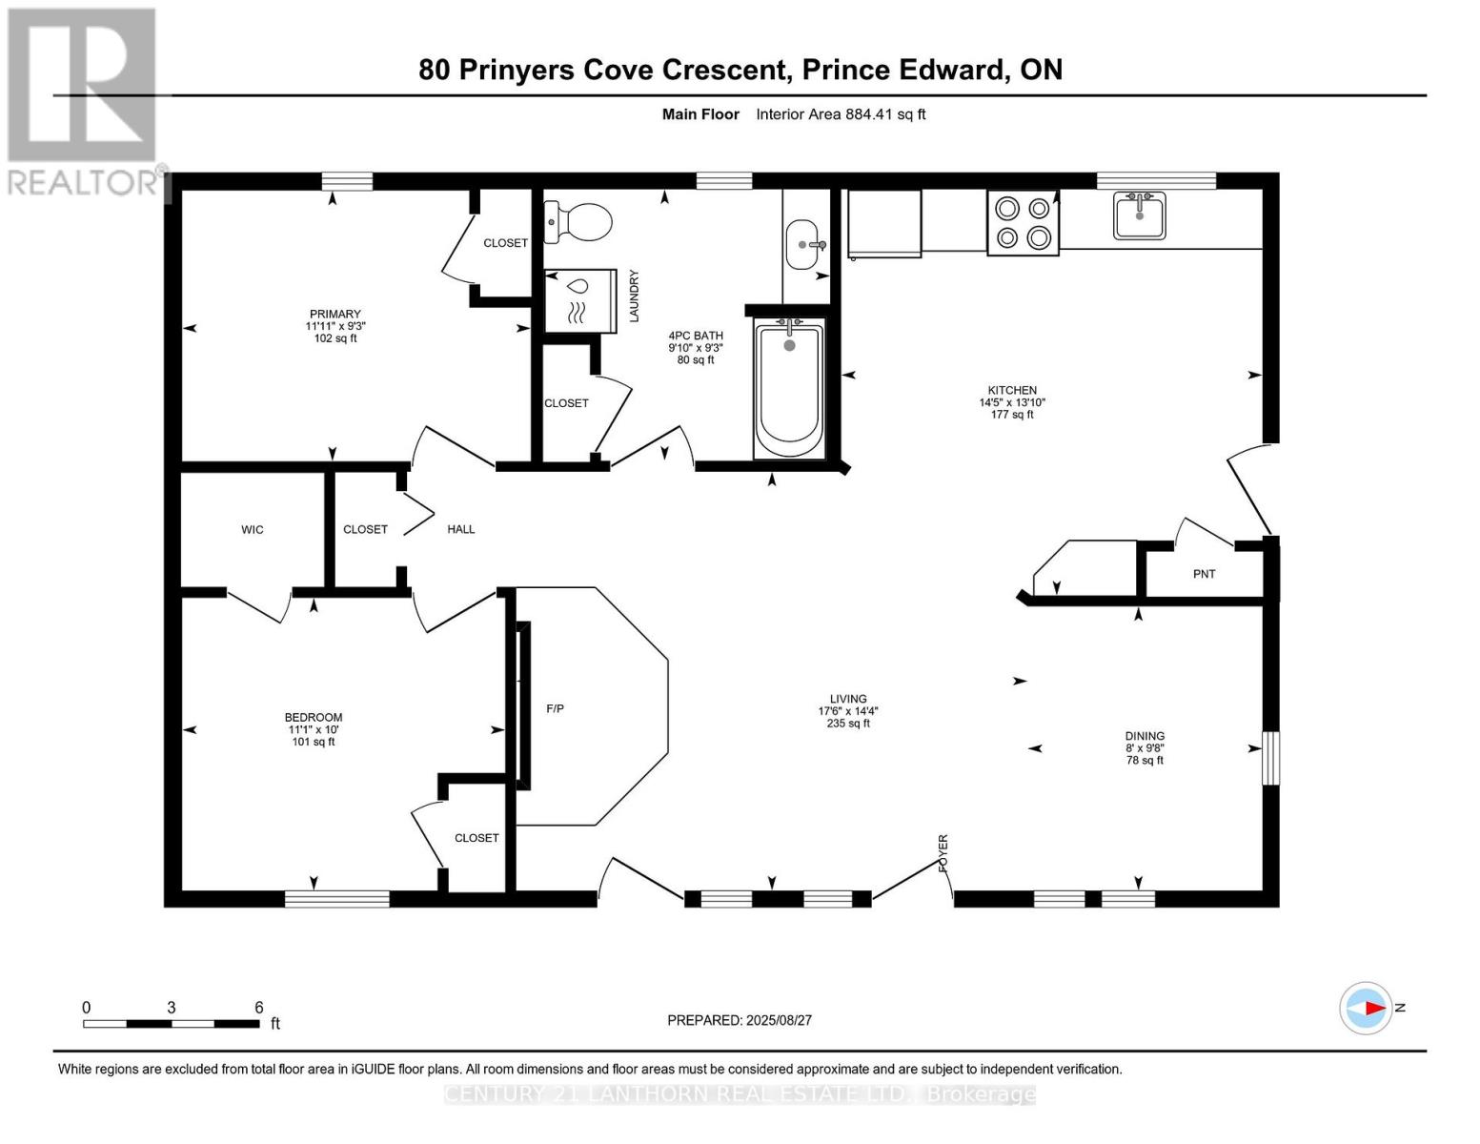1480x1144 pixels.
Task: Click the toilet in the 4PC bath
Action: (578, 221)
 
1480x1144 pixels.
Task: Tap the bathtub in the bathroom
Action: (789, 389)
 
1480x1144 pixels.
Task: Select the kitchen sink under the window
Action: (1140, 215)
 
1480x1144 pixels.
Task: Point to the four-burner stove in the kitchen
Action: (1023, 223)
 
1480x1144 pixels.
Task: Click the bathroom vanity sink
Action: (805, 245)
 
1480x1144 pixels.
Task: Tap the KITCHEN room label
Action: (1012, 391)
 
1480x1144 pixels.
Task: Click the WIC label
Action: (252, 529)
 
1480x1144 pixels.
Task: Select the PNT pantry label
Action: (1205, 574)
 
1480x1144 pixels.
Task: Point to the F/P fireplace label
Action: (555, 708)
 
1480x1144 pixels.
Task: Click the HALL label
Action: (461, 529)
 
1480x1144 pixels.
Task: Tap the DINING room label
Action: (1145, 736)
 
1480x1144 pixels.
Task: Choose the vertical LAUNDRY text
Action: (634, 296)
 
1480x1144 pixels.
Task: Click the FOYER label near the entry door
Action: (943, 853)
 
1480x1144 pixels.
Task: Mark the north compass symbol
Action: (1367, 1009)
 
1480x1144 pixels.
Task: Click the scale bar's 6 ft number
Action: (259, 1008)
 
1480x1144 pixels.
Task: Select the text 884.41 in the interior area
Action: (868, 114)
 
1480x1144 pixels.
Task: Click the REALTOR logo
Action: (83, 102)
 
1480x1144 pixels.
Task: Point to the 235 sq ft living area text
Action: (848, 723)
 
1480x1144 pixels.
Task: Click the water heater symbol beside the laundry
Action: (580, 300)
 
